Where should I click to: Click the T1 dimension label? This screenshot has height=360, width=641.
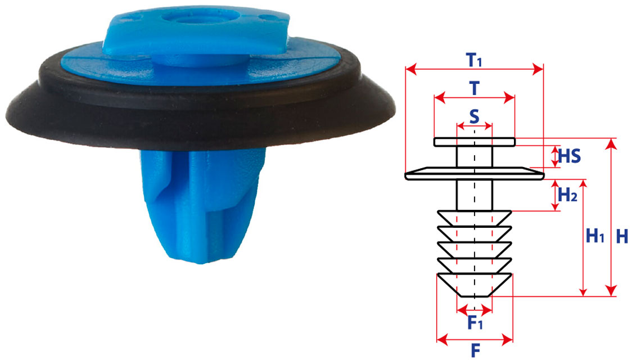(x=474, y=60)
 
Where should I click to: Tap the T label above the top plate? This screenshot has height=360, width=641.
(x=474, y=88)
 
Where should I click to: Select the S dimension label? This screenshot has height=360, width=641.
(x=474, y=116)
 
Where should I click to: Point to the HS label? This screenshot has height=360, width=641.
(x=569, y=156)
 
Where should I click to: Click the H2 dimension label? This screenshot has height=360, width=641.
(x=567, y=195)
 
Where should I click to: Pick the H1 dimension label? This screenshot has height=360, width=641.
(x=595, y=236)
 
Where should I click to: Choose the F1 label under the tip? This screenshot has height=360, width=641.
(x=475, y=322)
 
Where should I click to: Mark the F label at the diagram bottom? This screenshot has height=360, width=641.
(x=475, y=350)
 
